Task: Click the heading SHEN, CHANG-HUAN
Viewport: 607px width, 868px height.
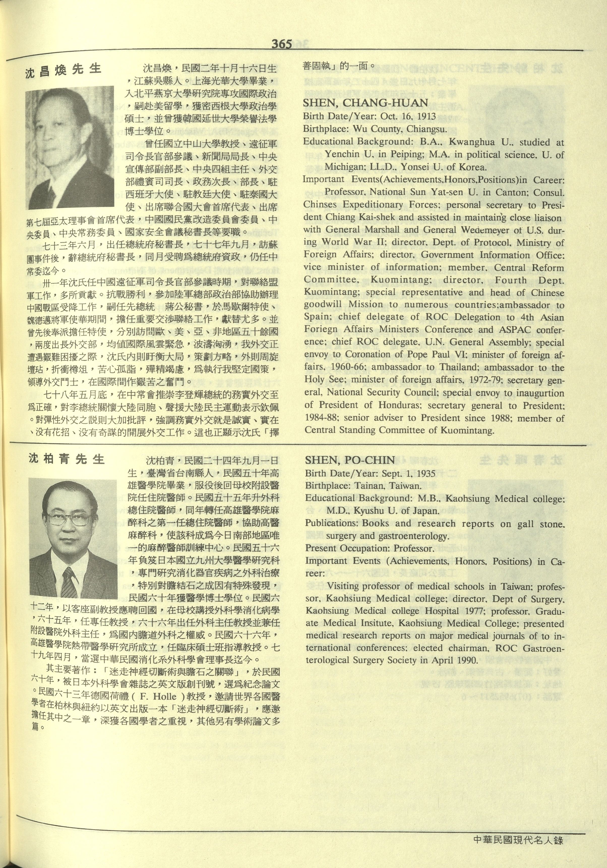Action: (x=366, y=103)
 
